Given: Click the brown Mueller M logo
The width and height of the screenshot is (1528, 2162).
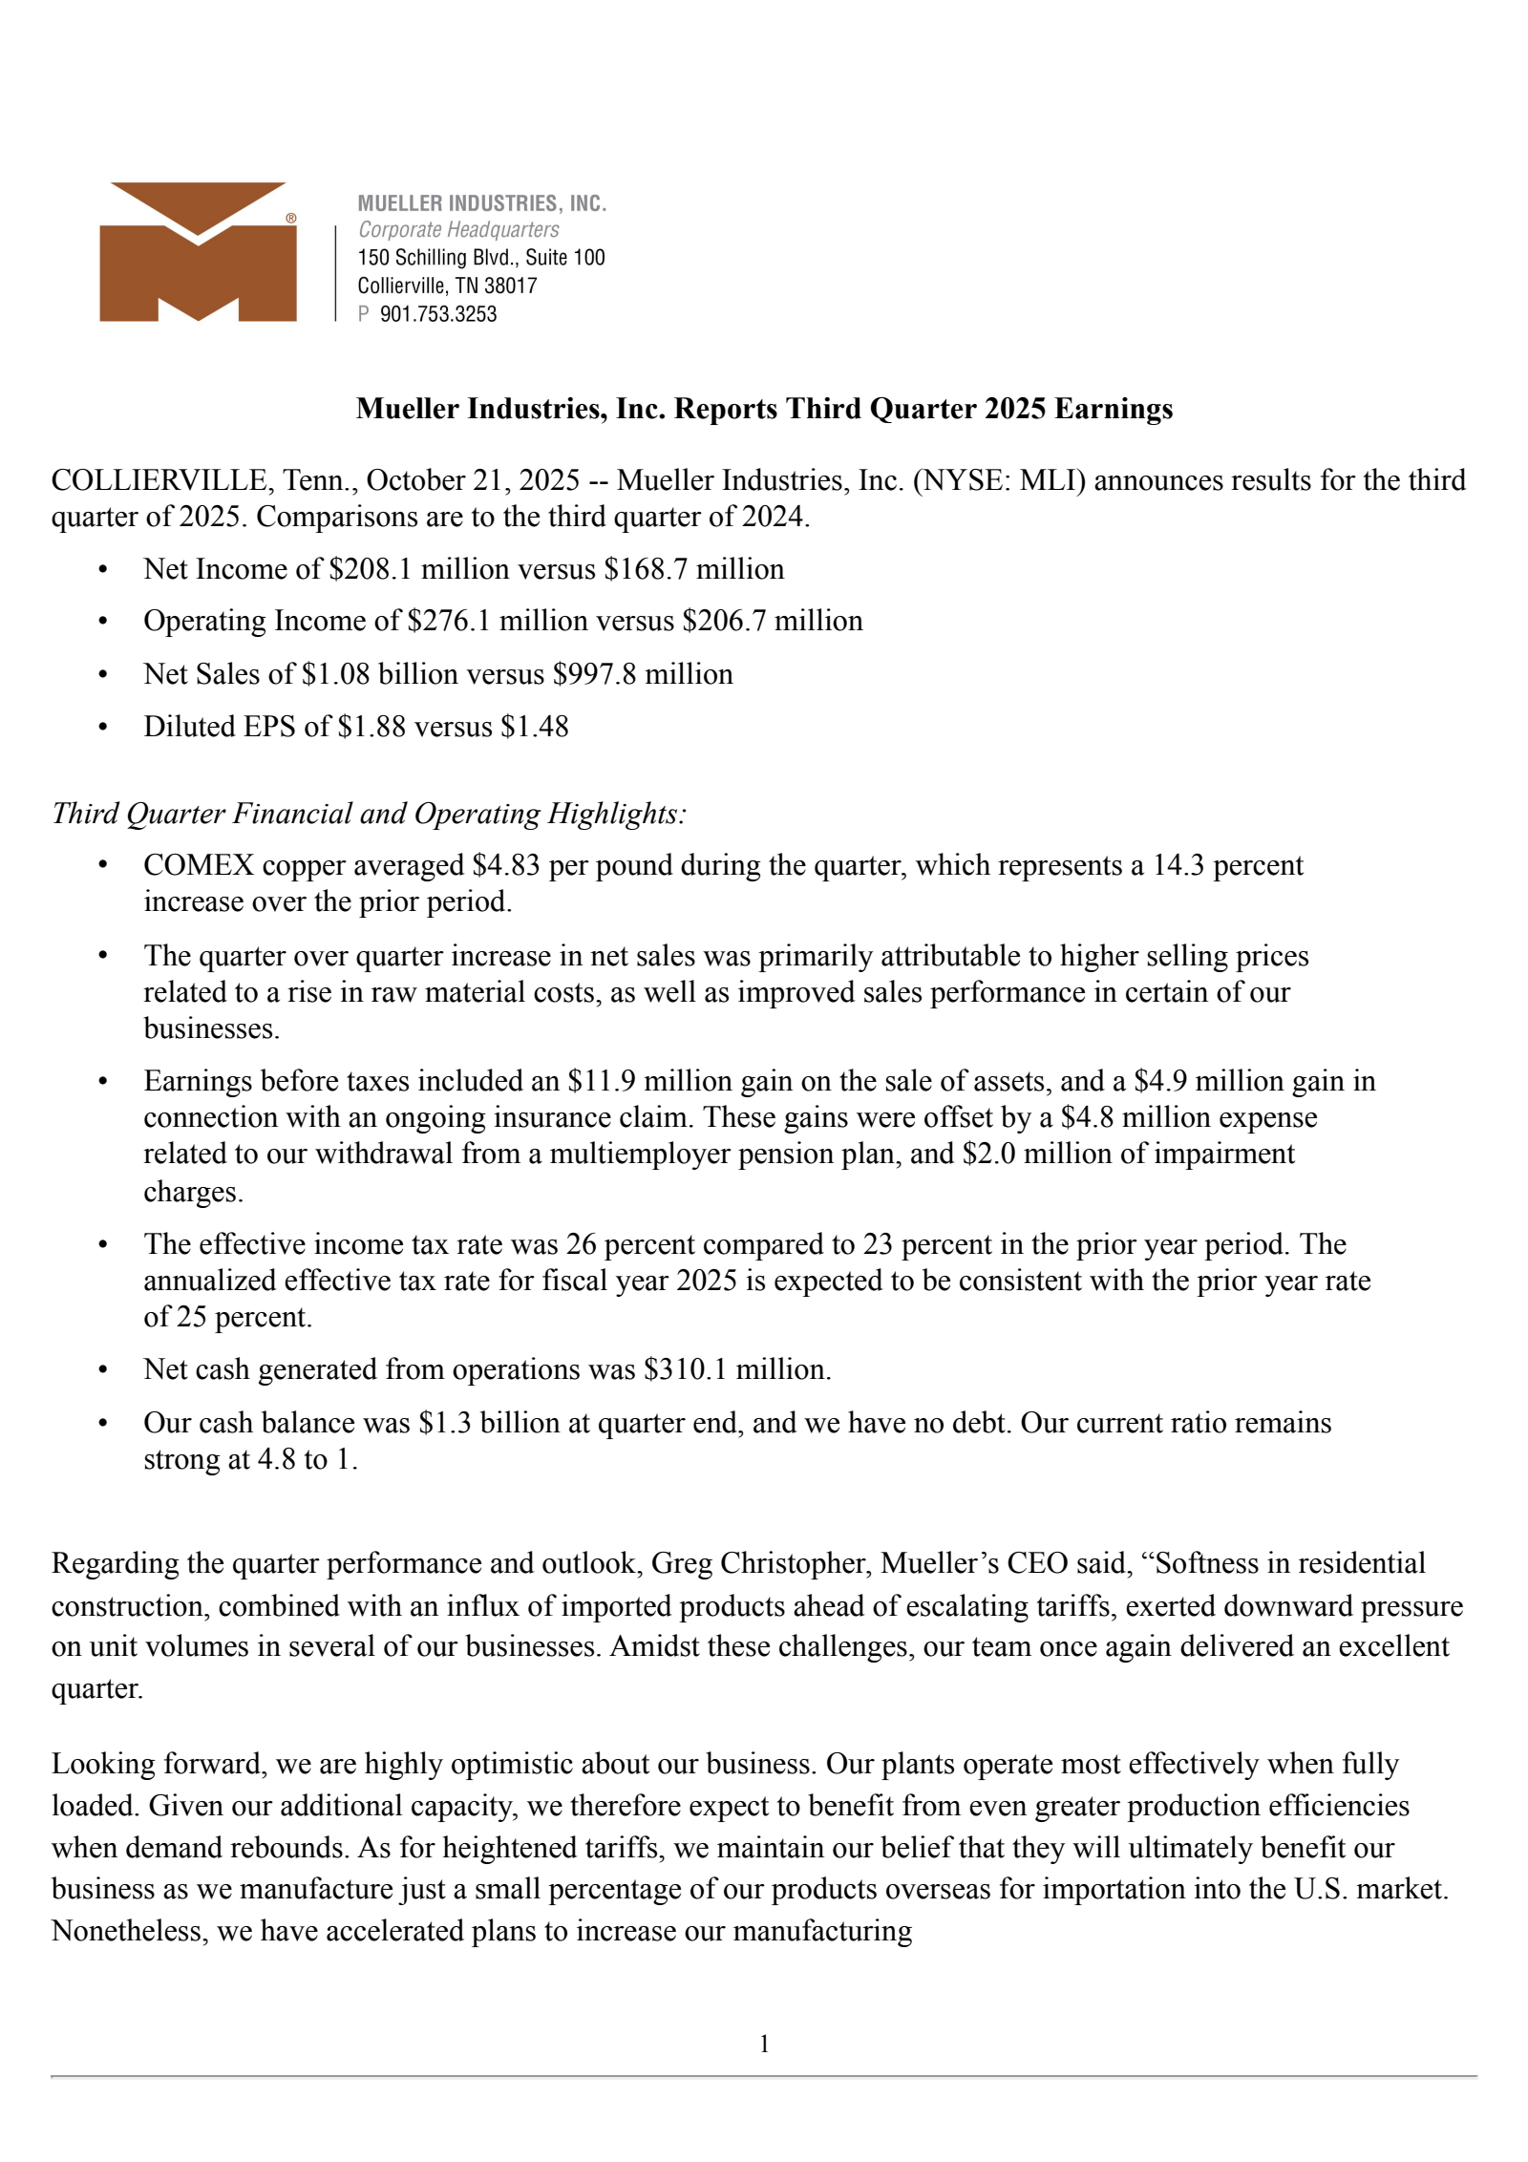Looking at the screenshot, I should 198,252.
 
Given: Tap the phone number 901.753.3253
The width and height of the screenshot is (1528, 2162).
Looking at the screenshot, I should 438,314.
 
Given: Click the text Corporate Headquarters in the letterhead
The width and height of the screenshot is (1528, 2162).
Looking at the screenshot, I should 458,229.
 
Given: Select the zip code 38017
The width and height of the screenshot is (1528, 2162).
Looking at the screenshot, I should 510,286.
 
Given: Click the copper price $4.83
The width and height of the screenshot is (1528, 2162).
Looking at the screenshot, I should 506,865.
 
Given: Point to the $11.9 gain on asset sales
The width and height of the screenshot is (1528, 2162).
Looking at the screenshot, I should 601,1081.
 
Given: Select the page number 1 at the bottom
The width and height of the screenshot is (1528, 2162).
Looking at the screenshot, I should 764,2044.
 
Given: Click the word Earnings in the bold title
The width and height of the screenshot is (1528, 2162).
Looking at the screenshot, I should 1114,409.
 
